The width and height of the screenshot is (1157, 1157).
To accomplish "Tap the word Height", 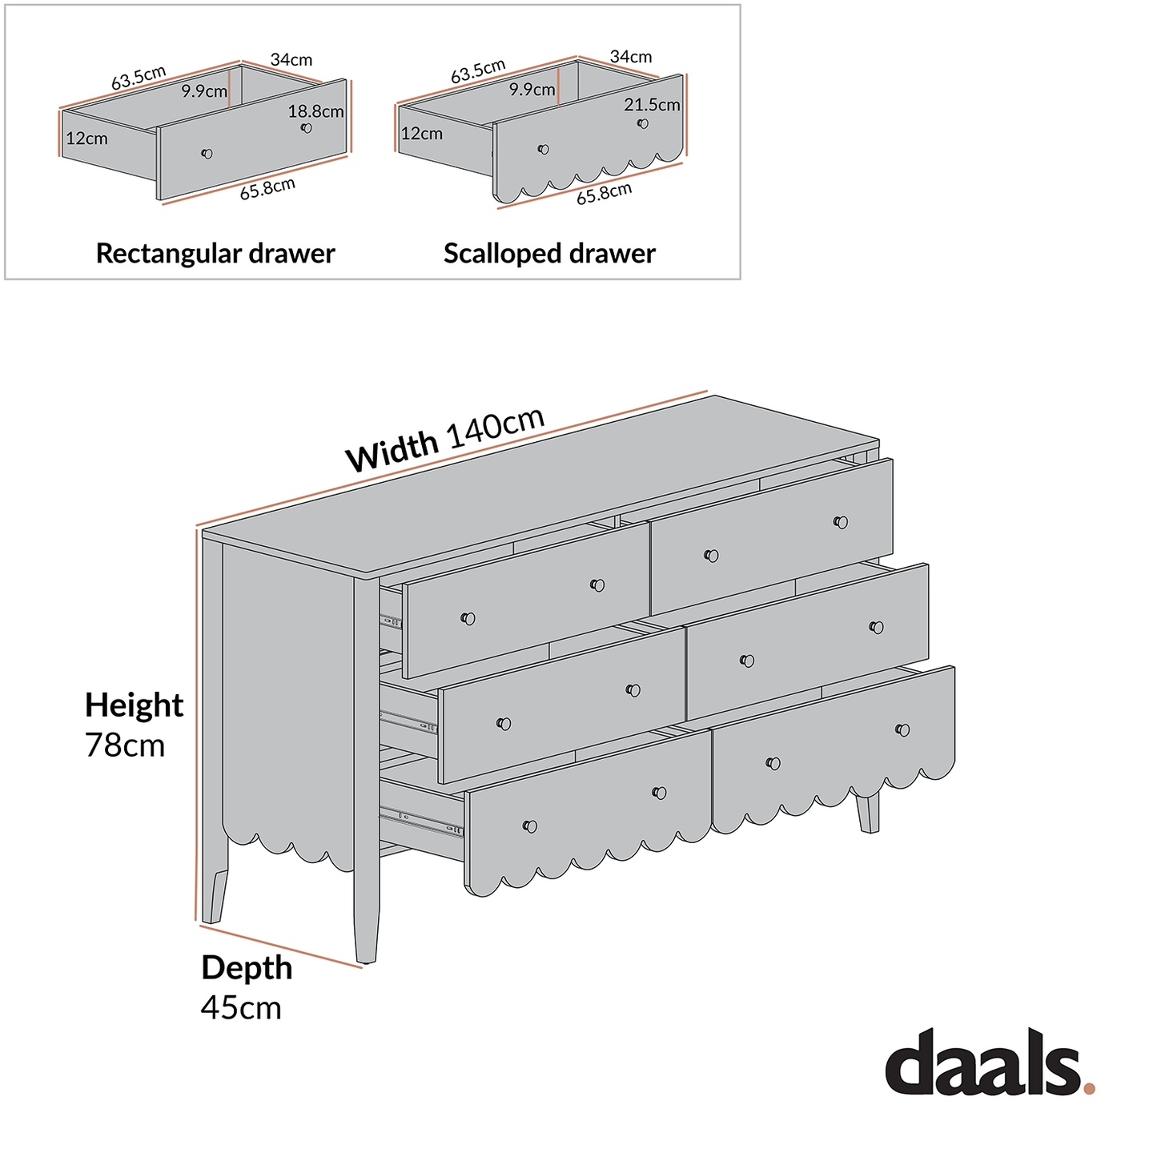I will [134, 705].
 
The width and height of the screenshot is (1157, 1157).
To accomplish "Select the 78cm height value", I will [125, 745].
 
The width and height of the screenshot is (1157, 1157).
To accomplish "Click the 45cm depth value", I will [241, 1007].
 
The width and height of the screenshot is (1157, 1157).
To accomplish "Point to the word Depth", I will [247, 968].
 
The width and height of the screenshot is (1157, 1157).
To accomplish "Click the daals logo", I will [982, 1063].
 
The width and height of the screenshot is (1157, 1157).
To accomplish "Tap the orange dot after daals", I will [1089, 1088].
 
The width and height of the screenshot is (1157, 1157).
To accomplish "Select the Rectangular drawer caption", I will [215, 254].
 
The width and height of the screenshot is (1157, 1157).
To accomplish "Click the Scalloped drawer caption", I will [549, 254].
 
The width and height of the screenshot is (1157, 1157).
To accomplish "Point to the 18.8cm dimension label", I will [315, 111].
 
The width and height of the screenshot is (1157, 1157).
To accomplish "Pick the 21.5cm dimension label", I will [652, 105].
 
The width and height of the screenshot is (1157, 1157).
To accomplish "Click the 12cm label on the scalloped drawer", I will [421, 134].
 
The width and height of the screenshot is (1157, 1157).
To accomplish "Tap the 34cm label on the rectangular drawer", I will [291, 60].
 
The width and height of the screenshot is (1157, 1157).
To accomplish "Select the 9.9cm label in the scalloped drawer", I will [532, 90].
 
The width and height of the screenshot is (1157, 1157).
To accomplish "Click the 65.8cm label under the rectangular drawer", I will [267, 189].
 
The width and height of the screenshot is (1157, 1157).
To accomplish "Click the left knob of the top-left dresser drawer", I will [468, 618].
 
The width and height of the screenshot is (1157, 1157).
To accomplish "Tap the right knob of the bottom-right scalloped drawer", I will [902, 729].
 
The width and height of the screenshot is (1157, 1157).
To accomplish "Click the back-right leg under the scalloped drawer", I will [868, 813].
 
